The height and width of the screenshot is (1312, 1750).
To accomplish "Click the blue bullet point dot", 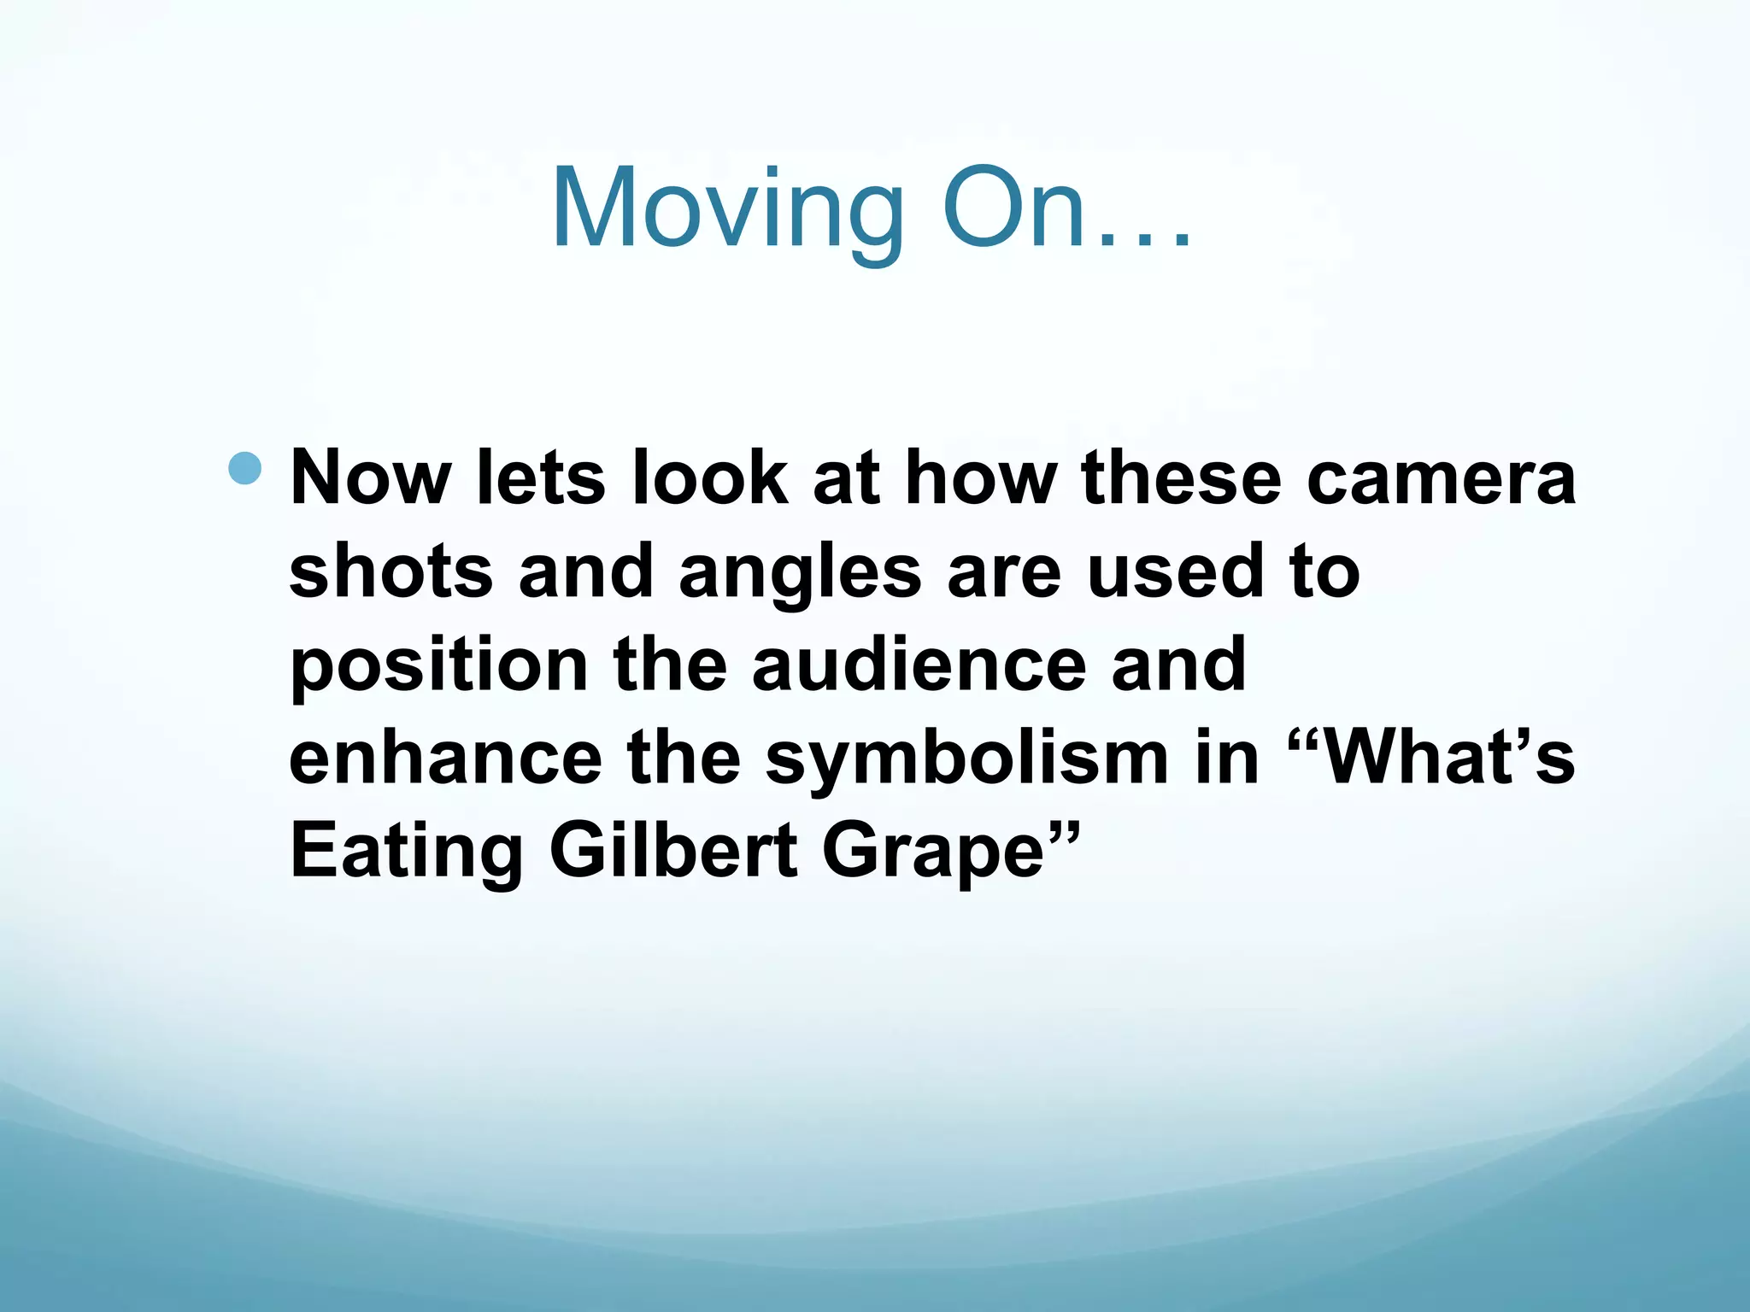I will tap(245, 468).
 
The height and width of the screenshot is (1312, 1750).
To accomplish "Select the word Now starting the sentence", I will tap(370, 478).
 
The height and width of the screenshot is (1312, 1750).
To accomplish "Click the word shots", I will tap(391, 571).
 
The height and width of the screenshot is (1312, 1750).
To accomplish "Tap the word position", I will tap(438, 666).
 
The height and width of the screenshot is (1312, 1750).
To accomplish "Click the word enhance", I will tap(445, 758).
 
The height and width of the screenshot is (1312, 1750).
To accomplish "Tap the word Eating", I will tap(407, 852).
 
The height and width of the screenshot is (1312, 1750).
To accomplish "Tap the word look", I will tap(709, 478).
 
